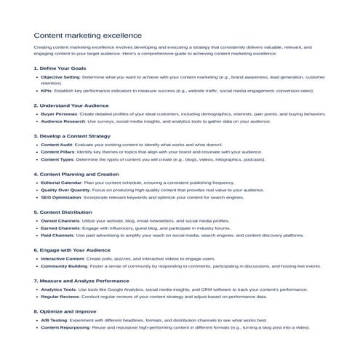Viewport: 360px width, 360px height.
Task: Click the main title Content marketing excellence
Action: [x=88, y=35]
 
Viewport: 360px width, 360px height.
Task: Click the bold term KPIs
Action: [x=46, y=91]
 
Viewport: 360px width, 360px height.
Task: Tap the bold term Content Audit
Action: [x=55, y=145]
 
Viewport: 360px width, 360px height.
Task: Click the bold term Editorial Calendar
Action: [x=60, y=182]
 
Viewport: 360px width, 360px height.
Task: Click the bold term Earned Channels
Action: [x=60, y=228]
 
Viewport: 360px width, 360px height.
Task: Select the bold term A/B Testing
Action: [x=53, y=320]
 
